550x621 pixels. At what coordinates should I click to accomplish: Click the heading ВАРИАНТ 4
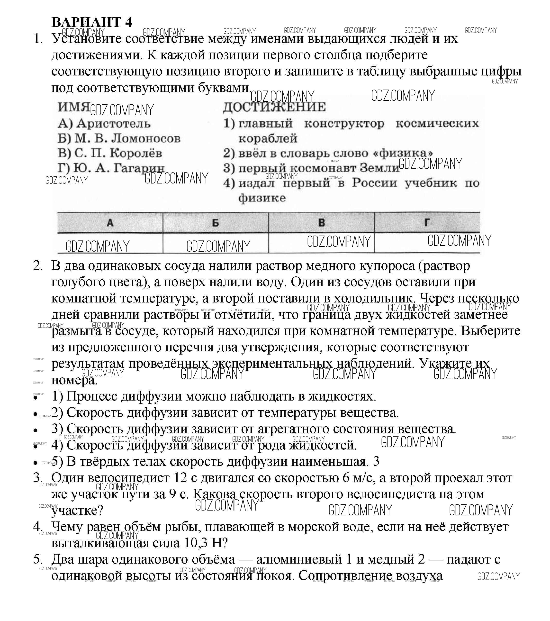tap(92, 22)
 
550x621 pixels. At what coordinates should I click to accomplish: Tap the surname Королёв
tap(135, 153)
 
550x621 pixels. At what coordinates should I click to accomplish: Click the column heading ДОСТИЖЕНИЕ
tap(274, 107)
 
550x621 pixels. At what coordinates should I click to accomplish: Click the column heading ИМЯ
tap(73, 107)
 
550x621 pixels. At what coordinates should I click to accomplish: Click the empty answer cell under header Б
tap(215, 243)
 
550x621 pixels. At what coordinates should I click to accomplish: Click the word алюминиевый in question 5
tap(299, 559)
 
